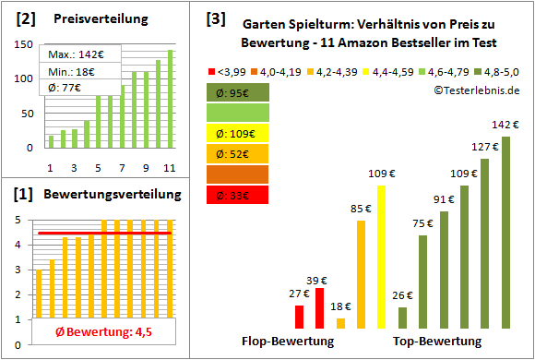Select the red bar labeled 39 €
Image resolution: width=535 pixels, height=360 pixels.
pos(320,308)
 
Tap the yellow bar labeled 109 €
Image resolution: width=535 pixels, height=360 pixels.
pos(382,257)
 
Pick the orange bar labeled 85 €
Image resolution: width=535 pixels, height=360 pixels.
pos(362,274)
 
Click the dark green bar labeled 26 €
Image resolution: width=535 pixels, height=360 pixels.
pos(402,318)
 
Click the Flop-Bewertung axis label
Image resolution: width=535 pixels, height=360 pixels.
pos(288,342)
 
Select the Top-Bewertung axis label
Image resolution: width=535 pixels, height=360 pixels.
pos(437,342)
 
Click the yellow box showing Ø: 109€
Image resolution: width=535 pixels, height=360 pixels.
pos(239,133)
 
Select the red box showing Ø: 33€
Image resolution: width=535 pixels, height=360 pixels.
pos(239,195)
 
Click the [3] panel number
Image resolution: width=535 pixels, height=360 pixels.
pos(215,18)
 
